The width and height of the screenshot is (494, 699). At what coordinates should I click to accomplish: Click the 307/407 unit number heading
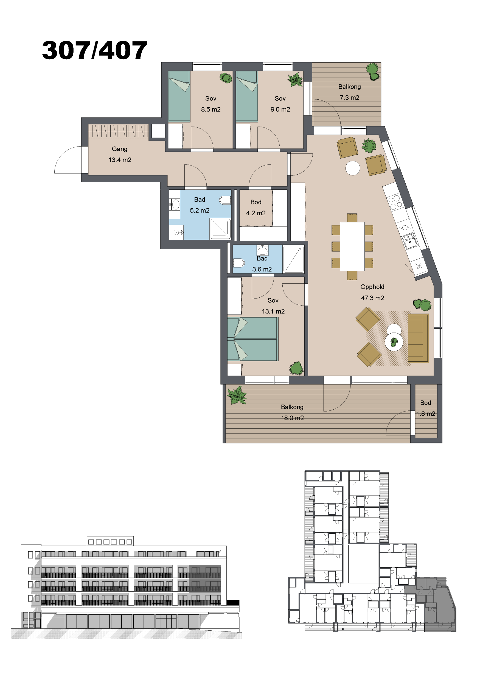94,50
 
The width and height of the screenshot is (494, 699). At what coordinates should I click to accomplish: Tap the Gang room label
119,149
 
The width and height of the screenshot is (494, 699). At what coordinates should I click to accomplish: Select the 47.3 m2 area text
372,298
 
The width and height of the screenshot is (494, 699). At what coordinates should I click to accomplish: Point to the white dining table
352,247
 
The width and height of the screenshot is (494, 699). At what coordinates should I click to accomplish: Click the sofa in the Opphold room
418,338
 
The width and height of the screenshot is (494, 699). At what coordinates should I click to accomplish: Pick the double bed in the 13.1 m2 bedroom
253,339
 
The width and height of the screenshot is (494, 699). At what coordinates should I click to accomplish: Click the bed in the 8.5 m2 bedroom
179,97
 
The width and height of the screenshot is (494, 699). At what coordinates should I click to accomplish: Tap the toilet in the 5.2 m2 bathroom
225,200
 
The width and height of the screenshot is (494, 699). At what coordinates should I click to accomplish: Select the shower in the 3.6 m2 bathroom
293,259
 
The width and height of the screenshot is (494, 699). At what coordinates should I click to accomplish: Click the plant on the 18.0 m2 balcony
237,395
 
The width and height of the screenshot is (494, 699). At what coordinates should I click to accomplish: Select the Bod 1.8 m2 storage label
425,408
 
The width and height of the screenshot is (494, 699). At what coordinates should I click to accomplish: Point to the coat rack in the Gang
118,131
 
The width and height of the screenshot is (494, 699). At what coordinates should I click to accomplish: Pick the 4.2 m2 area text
256,213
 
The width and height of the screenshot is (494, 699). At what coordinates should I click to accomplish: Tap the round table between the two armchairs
353,168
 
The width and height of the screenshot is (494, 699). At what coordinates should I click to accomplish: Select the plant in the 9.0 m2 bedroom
295,80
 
